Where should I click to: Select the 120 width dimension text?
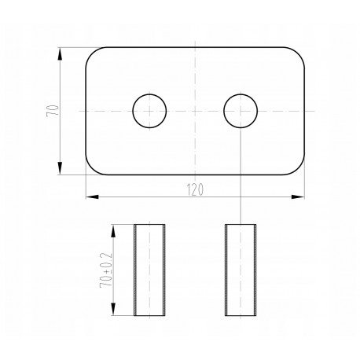tap(195, 190)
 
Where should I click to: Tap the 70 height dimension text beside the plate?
tap(53, 111)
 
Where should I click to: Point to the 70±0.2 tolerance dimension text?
tap(106, 270)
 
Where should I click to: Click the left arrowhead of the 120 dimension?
tap(92, 197)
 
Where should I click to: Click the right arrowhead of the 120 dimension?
tap(298, 197)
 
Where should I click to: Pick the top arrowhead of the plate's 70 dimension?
tap(60, 54)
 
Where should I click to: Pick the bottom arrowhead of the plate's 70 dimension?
tap(60, 168)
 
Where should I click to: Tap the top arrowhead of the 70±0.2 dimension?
tap(113, 231)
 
